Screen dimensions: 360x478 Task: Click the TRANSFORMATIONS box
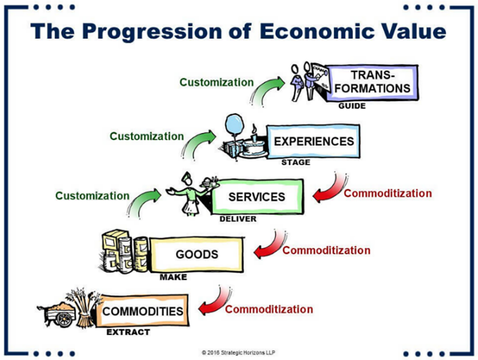pyautogui.click(x=372, y=82)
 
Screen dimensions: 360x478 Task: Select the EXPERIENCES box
pyautogui.click(x=314, y=141)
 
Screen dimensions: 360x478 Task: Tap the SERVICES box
pyautogui.click(x=257, y=197)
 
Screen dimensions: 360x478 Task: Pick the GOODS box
pyautogui.click(x=197, y=254)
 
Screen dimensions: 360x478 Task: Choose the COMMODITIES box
pyautogui.click(x=143, y=311)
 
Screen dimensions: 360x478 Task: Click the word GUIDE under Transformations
pyautogui.click(x=352, y=106)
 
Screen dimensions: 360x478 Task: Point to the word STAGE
pyautogui.click(x=295, y=162)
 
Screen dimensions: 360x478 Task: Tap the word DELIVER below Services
pyautogui.click(x=238, y=219)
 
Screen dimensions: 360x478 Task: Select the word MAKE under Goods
pyautogui.click(x=173, y=277)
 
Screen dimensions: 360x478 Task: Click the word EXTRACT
pyautogui.click(x=128, y=332)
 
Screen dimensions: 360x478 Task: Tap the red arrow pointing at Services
pyautogui.click(x=329, y=191)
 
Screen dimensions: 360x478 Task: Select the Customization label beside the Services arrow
pyautogui.click(x=92, y=196)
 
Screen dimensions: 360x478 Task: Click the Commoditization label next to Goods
pyautogui.click(x=326, y=250)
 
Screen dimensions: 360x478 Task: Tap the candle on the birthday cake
pyautogui.click(x=254, y=132)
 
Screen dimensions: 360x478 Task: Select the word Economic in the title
pyautogui.click(x=317, y=31)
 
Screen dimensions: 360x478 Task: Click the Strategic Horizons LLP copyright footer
pyautogui.click(x=238, y=353)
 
